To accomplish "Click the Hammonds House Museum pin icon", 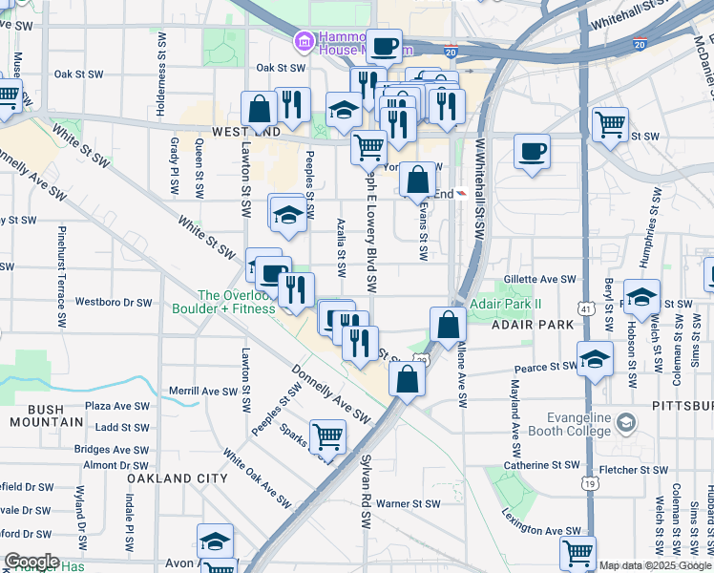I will click(x=304, y=41).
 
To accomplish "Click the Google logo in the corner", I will click(x=31, y=562).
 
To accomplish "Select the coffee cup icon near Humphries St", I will click(x=532, y=151).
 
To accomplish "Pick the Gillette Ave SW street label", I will click(x=541, y=280).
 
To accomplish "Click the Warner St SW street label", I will click(x=408, y=503).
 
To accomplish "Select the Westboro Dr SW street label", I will click(x=114, y=303).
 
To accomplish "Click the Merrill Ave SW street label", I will click(x=203, y=392).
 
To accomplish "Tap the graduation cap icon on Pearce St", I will click(x=595, y=359).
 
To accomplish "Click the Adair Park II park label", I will click(x=506, y=305).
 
